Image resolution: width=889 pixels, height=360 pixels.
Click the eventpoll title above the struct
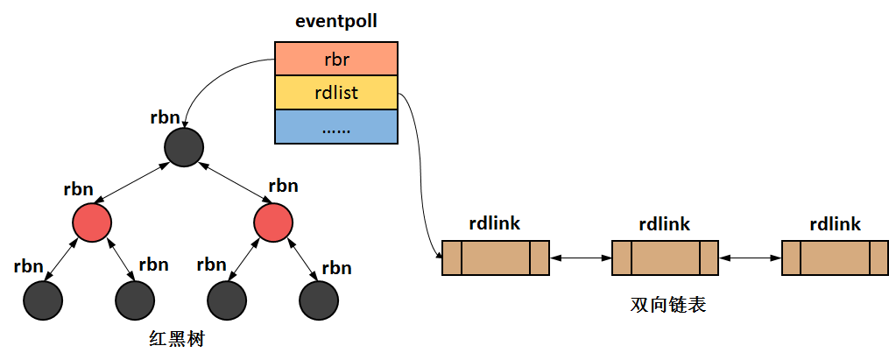click(x=336, y=22)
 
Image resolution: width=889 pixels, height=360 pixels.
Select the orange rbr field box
click(x=336, y=59)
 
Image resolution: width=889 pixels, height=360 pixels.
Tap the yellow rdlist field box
click(x=336, y=93)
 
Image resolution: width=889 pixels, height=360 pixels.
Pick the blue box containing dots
click(x=336, y=127)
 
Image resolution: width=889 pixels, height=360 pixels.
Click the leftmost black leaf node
click(x=44, y=300)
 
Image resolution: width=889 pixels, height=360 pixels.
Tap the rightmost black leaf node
click(x=319, y=300)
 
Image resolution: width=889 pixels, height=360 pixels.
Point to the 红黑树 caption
click(x=177, y=339)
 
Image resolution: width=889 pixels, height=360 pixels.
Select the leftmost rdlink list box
click(x=496, y=258)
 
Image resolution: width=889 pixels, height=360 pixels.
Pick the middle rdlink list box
click(x=665, y=258)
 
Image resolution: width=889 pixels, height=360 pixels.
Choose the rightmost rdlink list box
click(x=835, y=258)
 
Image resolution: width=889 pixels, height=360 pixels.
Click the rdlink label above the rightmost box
click(x=835, y=224)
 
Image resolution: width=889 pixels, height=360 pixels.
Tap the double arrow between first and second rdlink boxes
click(x=581, y=258)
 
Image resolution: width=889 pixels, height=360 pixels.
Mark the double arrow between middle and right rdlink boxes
click(x=750, y=258)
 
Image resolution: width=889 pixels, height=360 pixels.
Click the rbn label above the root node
click(x=165, y=117)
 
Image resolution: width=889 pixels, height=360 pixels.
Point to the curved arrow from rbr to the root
click(x=210, y=83)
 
